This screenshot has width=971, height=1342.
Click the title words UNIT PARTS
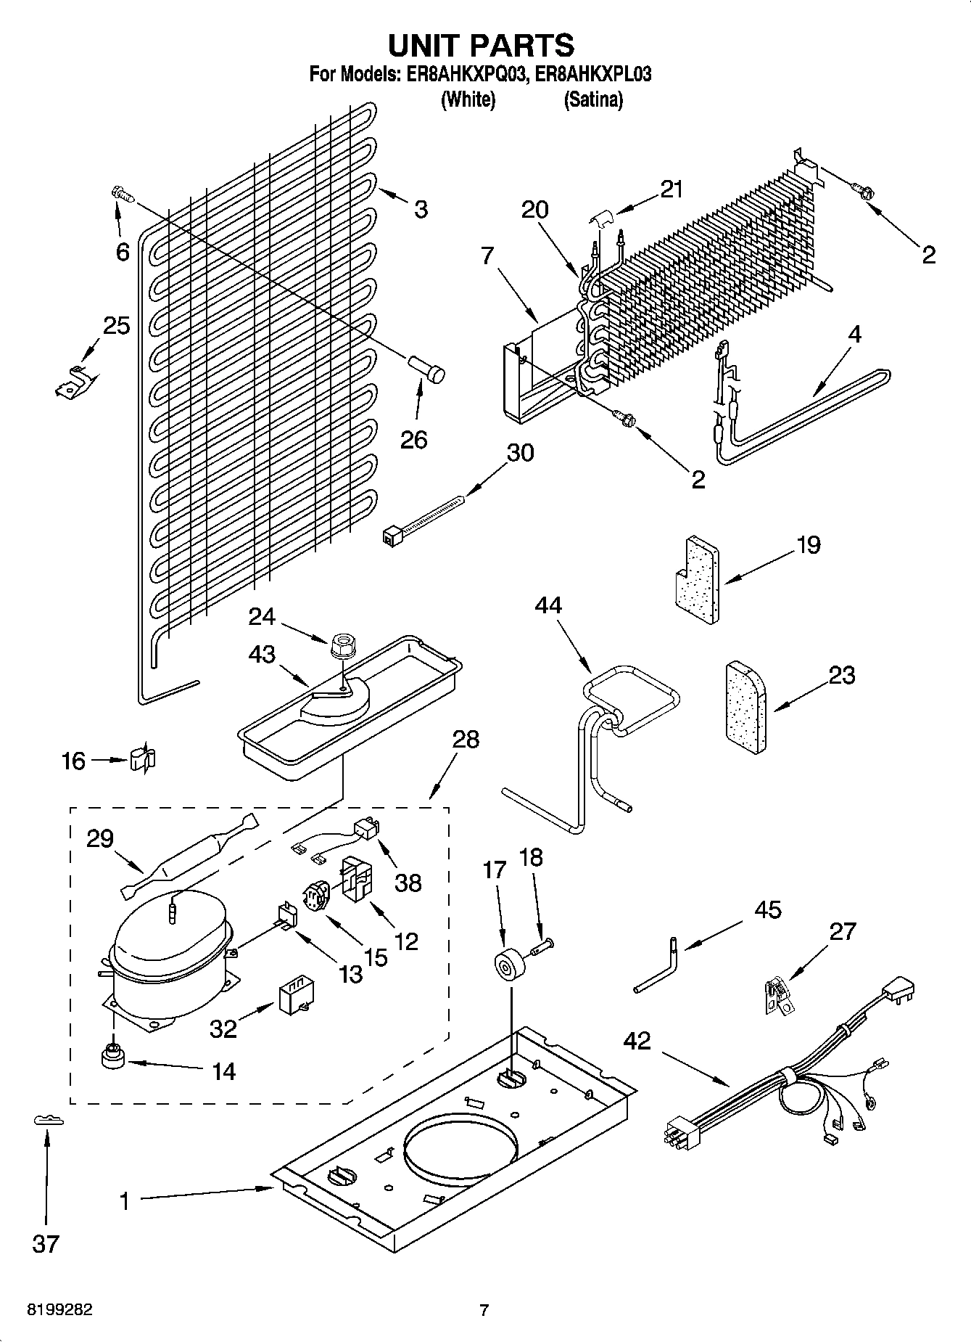[x=482, y=45]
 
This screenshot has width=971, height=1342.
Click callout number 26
[x=414, y=439]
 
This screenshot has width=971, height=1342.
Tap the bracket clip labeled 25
[x=73, y=382]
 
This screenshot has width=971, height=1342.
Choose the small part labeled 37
[x=49, y=1121]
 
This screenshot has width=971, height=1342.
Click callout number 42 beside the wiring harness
[x=637, y=1041]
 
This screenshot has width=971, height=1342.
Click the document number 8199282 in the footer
[x=59, y=1310]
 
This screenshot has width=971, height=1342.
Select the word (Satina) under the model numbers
[x=592, y=99]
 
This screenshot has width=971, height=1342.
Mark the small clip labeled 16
[x=143, y=759]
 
